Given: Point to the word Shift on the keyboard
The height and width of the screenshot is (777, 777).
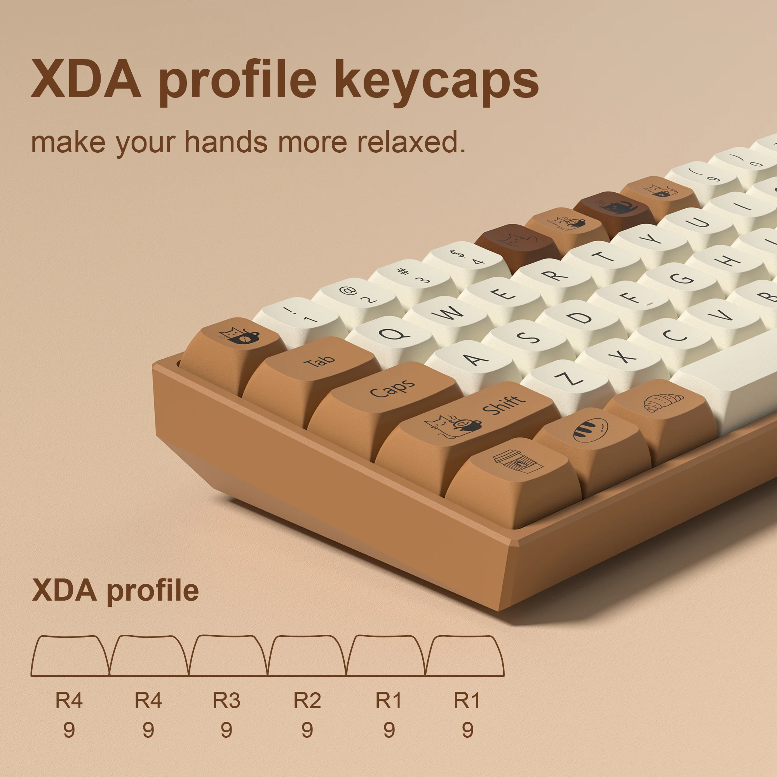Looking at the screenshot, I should point(503,404).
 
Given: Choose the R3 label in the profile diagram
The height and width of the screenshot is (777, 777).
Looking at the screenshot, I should point(226,700).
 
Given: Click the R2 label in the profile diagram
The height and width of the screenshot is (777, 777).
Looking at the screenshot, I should point(307,700).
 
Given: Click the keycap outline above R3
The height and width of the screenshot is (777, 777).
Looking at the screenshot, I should point(228,655).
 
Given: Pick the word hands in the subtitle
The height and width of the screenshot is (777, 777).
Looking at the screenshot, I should point(226,142).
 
